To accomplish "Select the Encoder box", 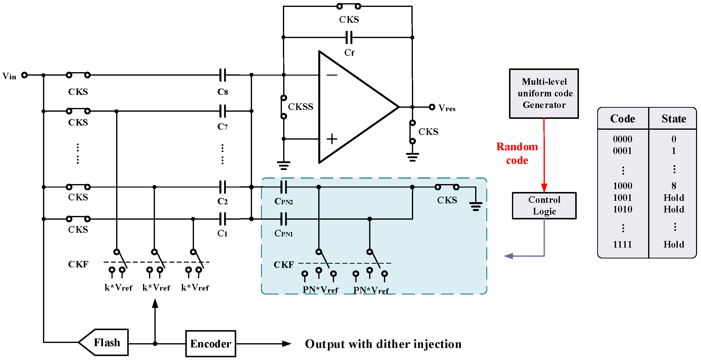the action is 211,343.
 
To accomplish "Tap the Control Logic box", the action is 544,205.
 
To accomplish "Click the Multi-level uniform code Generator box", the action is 544,93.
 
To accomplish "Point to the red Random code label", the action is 517,153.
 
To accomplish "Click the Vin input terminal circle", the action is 24,75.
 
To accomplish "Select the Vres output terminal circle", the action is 432,107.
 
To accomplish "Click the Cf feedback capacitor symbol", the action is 349,37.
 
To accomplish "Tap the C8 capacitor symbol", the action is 223,75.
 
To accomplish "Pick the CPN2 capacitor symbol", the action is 284,187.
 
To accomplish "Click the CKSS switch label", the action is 300,107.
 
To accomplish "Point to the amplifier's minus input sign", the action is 332,75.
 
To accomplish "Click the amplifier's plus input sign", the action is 332,139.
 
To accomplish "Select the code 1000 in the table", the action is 622,186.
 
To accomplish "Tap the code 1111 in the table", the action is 622,244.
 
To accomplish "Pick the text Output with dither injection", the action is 383,344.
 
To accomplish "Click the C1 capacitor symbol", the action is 223,219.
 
